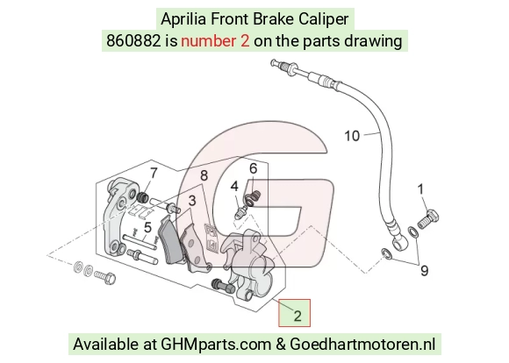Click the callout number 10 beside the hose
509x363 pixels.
click(352, 136)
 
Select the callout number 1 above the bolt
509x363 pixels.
click(420, 189)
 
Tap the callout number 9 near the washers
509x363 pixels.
click(424, 270)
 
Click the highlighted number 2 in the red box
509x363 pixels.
click(298, 316)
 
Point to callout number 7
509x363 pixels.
click(154, 173)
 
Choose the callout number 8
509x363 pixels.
click(204, 175)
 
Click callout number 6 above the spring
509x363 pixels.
click(254, 168)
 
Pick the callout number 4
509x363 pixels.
click(234, 186)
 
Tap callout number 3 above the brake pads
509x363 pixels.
click(192, 201)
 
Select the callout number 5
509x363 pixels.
click(147, 227)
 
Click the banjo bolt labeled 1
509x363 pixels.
click(428, 219)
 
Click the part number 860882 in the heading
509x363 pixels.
click(133, 41)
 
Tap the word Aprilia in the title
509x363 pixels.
click(183, 18)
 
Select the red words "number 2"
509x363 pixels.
click(215, 41)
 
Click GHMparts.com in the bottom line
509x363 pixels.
click(216, 345)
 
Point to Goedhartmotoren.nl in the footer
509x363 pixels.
click(362, 345)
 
